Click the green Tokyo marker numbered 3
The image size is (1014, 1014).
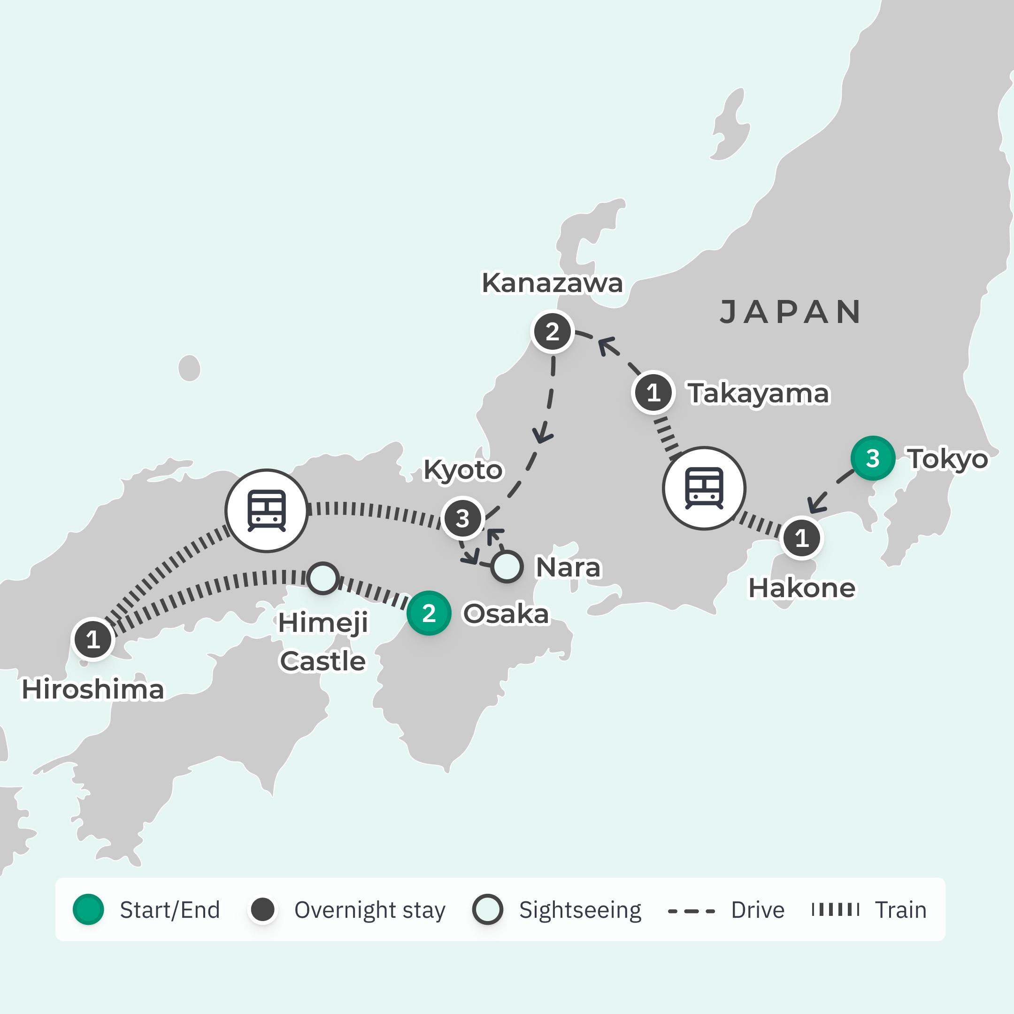pyautogui.click(x=872, y=458)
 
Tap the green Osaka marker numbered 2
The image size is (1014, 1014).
pyautogui.click(x=429, y=613)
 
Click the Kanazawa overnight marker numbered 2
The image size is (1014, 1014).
pyautogui.click(x=552, y=332)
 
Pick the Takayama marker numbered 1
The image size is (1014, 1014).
pyautogui.click(x=653, y=392)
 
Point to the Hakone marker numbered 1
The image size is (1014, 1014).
pyautogui.click(x=801, y=538)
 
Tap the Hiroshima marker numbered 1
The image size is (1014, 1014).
pyautogui.click(x=93, y=639)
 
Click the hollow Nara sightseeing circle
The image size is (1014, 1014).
pyautogui.click(x=507, y=567)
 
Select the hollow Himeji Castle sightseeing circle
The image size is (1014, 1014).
pyautogui.click(x=322, y=578)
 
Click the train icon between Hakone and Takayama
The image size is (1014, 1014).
pyautogui.click(x=704, y=489)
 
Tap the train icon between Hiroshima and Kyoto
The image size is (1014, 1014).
pyautogui.click(x=267, y=511)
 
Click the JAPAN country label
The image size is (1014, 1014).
pyautogui.click(x=790, y=312)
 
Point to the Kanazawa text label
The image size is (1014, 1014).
pyautogui.click(x=552, y=284)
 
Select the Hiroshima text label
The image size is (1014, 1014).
pyautogui.click(x=93, y=690)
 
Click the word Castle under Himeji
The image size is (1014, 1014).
pyautogui.click(x=322, y=661)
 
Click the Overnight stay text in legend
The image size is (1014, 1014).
pyautogui.click(x=369, y=910)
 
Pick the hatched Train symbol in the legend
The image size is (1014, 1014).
pyautogui.click(x=835, y=910)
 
